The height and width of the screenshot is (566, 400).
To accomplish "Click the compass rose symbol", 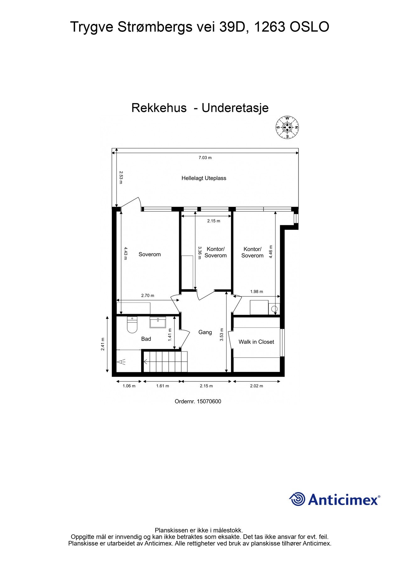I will pos(287,127).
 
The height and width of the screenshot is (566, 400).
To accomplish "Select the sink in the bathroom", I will pos(158,323).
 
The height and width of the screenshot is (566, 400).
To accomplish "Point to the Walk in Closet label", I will pos(256,342).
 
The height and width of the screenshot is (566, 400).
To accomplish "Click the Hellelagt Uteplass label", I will pos(204,178).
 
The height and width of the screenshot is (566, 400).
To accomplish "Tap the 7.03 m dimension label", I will pos(205,158).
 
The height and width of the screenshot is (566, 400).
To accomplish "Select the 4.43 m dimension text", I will pos(125,253).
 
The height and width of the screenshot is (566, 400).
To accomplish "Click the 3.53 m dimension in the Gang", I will pos(222,335).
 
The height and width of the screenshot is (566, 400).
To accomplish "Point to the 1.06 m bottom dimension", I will pos(129,386).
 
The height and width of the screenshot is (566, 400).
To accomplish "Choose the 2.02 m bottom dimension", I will pos(256,386).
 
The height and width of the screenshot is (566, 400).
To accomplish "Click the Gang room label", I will pos(205,332).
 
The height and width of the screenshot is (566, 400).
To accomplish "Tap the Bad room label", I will pos(146,339).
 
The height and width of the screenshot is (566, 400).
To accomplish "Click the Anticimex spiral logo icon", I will pos(297,499).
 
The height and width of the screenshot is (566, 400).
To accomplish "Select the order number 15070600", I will pos(209,402).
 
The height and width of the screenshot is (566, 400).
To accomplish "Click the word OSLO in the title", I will pos(309,27).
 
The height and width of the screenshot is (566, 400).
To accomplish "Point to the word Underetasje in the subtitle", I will pos(235,108).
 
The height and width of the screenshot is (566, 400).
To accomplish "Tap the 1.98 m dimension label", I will pos(256,291).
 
